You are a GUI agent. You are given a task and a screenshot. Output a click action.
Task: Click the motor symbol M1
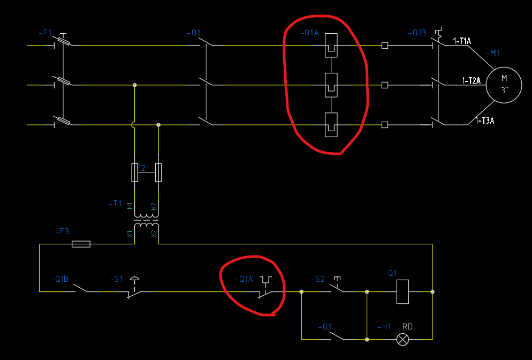coord(504,85)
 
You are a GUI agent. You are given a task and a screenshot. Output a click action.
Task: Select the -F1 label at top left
coord(45,33)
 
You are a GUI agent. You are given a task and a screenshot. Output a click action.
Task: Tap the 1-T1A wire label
coord(462,41)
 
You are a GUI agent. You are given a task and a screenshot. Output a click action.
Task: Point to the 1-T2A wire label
coord(472,81)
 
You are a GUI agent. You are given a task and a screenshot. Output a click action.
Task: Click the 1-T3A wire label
coord(485,121)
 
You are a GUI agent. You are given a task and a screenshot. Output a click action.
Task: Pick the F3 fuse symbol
coord(81,244)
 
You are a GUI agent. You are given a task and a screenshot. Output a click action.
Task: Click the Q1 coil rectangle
coord(402,291)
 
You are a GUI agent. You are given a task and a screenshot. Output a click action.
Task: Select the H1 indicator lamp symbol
coord(402,339)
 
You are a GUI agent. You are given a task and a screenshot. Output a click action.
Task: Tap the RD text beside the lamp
coord(407,327)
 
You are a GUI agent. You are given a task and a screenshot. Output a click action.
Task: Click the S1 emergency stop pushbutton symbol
coord(134,289)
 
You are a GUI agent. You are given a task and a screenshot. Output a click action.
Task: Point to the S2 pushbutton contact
coord(337,288)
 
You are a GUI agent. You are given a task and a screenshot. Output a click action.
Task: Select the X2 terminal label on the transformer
coord(154,234)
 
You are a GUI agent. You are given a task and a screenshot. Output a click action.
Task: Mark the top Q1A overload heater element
coord(331,46)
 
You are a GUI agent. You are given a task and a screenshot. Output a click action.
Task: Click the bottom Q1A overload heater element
coord(331,125)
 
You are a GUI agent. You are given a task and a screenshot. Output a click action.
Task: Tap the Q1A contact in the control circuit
coord(265,289)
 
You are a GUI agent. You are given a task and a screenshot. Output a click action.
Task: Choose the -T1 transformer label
coord(115,204)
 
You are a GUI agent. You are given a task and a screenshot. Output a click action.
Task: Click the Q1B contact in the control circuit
coord(81,289)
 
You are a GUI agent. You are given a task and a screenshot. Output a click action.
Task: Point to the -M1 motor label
coord(492,53)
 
